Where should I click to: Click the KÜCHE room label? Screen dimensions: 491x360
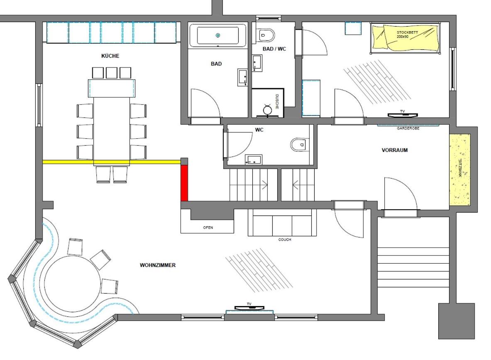110,56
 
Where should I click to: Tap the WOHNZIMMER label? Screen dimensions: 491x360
157,265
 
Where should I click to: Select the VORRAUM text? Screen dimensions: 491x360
395,150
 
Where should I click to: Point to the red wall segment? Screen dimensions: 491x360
184,183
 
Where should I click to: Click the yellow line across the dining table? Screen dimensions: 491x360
112,162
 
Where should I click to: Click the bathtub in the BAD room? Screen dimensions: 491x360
218,35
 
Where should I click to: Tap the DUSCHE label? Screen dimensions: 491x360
277,102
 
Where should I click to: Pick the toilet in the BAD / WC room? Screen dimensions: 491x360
266,35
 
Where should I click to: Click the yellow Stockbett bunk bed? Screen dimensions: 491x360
406,38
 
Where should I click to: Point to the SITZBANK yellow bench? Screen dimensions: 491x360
460,169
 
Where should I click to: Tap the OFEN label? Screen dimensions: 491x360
208,228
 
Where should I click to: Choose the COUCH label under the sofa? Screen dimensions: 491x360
285,240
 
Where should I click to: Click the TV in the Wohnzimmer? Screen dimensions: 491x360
249,308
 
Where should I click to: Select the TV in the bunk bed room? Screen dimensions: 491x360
403,115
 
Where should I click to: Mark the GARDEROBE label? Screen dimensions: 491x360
408,128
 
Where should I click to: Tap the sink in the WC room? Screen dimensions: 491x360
254,159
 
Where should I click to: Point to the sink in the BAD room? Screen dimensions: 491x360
243,77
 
